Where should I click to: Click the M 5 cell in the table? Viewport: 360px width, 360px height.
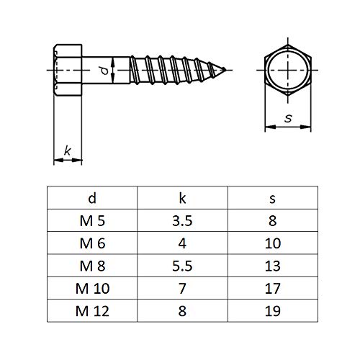[92, 220]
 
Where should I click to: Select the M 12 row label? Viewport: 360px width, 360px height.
[92, 311]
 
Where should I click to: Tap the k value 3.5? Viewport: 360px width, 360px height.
[182, 220]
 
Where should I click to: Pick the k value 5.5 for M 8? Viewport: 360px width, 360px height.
[182, 266]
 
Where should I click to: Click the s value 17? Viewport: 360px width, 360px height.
[273, 288]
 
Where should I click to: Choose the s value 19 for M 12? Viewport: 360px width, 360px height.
[273, 311]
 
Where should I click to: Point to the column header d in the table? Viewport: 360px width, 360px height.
[92, 198]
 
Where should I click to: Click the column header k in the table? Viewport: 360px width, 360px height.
[182, 198]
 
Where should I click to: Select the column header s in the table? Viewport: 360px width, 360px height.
[273, 199]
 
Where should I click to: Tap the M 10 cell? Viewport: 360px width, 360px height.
[92, 288]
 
